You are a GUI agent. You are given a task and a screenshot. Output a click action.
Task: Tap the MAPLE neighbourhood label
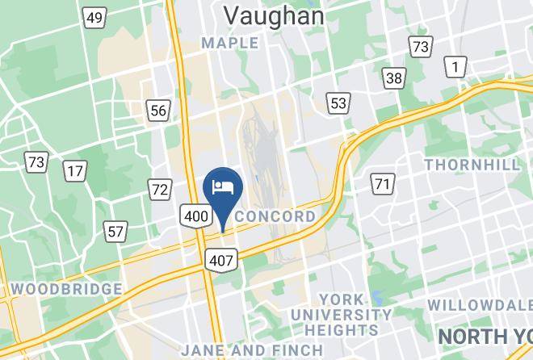click(x=229, y=42)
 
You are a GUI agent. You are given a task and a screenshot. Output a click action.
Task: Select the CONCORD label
click(x=275, y=217)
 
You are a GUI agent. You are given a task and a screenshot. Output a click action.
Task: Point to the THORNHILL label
click(x=472, y=165)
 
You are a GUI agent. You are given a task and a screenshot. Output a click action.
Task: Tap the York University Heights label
click(x=342, y=314)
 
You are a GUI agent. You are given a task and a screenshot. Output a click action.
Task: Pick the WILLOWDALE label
click(x=479, y=305)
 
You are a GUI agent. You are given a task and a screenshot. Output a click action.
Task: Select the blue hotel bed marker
click(x=221, y=188)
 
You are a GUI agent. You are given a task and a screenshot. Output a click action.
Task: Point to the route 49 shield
click(x=95, y=17)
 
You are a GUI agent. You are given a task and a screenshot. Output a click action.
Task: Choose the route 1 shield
click(x=457, y=68)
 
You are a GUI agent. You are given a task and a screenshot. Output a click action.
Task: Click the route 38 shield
click(x=394, y=78)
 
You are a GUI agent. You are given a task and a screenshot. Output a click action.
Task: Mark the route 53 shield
click(x=338, y=103)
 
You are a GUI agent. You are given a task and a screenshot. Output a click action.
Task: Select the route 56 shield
click(x=158, y=111)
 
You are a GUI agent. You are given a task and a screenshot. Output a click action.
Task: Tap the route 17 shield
click(x=76, y=171)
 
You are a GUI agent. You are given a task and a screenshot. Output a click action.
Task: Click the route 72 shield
click(x=160, y=190)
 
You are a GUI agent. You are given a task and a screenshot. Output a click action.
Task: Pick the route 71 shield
click(x=381, y=184)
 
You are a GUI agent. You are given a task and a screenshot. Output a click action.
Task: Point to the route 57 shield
click(x=115, y=232)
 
